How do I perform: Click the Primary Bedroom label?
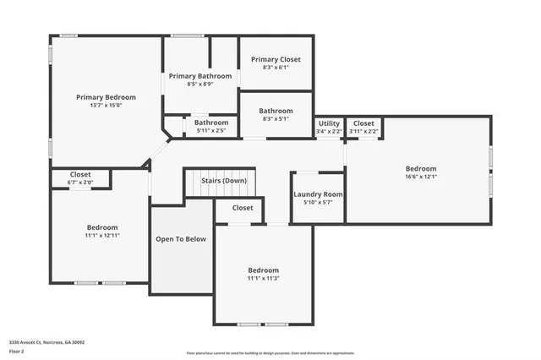[x=106, y=97]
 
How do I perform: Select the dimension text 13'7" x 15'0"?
[x=106, y=106]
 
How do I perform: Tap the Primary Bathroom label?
[x=199, y=76]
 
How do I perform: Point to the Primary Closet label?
[x=276, y=59]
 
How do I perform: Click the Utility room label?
[x=329, y=123]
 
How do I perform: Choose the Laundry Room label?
[x=318, y=194]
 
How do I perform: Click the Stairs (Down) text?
[x=224, y=181]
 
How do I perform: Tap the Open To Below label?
[x=181, y=239]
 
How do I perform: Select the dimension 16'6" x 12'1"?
[x=420, y=177]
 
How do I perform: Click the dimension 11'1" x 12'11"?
[x=101, y=236]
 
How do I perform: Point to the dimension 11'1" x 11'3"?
[x=263, y=278]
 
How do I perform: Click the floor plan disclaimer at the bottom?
[x=270, y=353]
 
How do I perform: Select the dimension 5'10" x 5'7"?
[x=318, y=202]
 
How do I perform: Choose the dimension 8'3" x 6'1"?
[x=276, y=68]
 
